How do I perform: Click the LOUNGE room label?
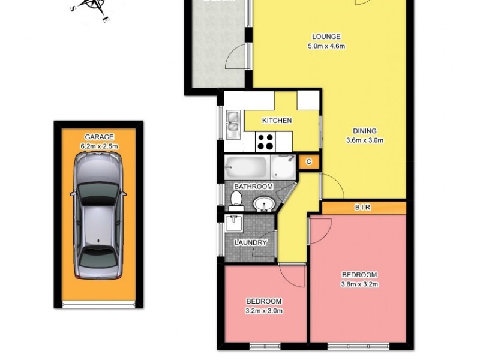(326, 37)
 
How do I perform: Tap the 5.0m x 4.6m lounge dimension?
(326, 46)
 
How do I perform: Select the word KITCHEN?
(277, 121)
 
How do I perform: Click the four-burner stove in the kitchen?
(265, 142)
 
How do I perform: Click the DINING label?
(364, 131)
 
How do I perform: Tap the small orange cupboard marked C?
(308, 161)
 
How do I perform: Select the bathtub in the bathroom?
(247, 166)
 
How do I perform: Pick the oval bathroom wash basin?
(262, 205)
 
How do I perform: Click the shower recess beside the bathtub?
(283, 167)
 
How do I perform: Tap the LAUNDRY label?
(251, 242)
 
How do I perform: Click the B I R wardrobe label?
(362, 208)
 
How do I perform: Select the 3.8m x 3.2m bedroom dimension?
(359, 284)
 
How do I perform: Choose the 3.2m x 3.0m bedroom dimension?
(265, 310)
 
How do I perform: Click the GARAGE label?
(99, 137)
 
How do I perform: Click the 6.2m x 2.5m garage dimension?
(99, 146)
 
